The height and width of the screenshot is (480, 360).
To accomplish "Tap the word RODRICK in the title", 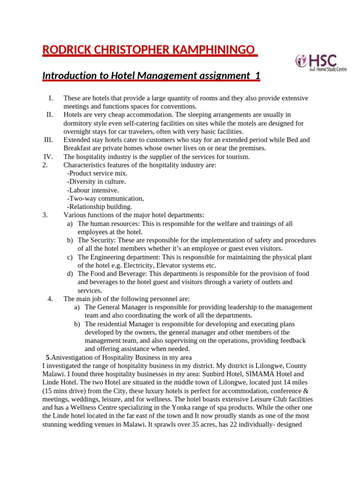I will coord(66,50).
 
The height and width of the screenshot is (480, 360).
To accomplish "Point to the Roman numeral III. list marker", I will coord(48,140).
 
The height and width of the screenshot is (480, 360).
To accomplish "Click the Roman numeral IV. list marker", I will coord(48,157).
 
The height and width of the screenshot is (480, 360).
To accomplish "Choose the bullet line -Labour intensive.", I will coord(93,190).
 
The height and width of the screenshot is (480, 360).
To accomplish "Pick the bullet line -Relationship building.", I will coord(99,207).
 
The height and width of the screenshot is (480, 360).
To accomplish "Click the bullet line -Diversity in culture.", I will coord(97,181).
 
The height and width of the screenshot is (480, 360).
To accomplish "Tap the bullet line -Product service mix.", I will coord(97,173).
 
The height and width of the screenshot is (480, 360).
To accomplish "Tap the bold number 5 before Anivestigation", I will coord(47,357).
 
